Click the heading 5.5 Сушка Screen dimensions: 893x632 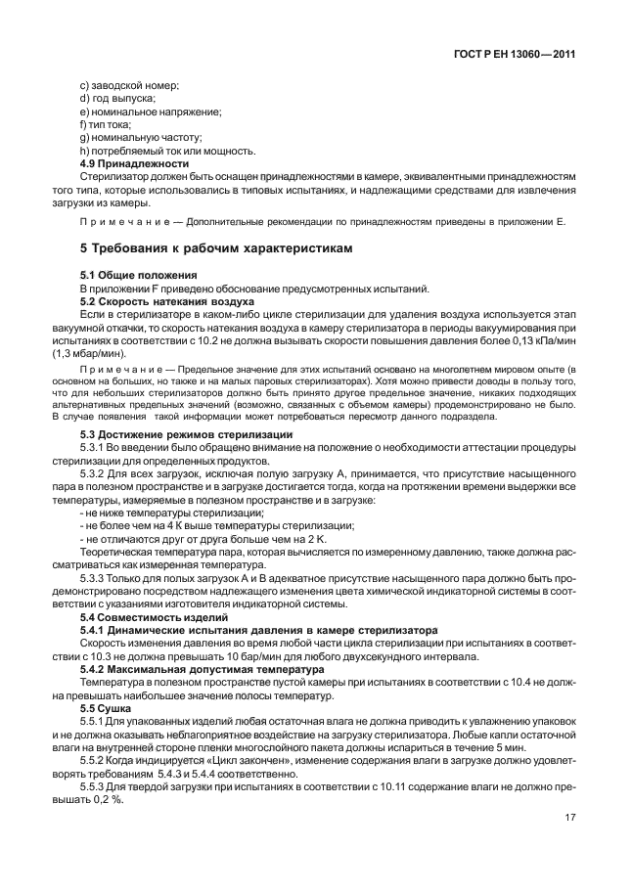(x=102, y=707)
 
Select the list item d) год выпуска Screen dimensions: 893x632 (x=117, y=100)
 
